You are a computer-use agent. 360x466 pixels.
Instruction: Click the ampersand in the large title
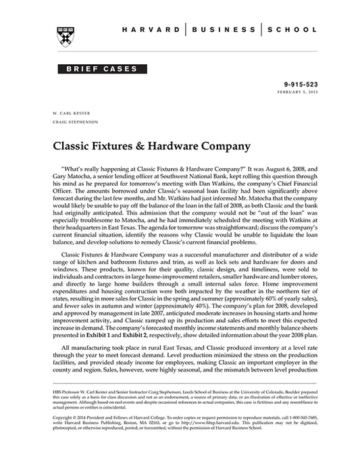point(131,145)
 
